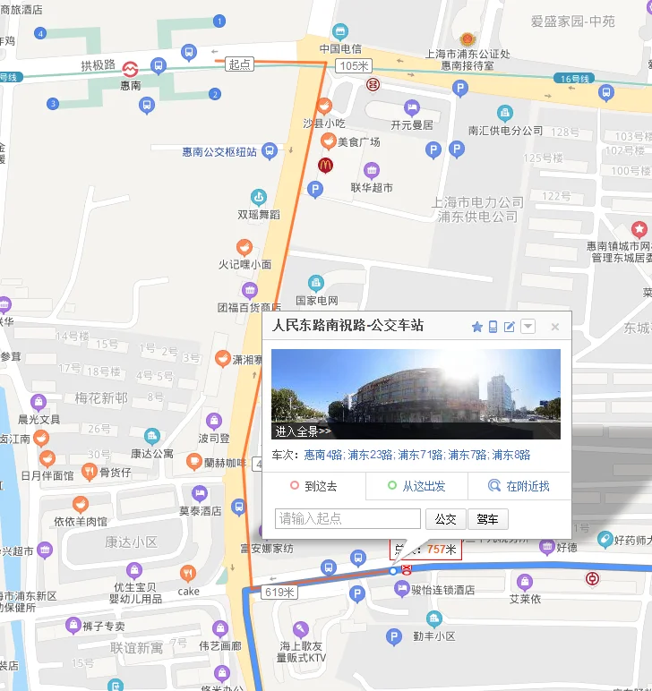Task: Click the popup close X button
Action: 555,327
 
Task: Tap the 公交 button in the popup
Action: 445,519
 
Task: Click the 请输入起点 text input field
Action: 347,519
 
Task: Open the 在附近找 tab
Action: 519,487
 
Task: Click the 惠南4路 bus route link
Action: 323,455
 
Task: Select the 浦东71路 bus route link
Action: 420,455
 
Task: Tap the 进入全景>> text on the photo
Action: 304,431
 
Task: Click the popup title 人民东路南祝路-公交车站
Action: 347,327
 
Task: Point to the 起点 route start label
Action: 240,64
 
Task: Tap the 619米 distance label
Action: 280,593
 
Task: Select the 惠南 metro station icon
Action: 131,68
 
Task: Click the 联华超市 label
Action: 371,188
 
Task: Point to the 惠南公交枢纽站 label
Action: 219,152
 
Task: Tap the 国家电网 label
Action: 316,300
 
